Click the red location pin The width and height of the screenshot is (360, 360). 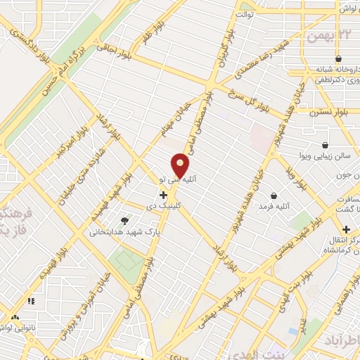[181, 167]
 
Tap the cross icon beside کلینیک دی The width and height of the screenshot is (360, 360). [164, 194]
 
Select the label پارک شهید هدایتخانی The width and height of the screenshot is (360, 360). [120, 230]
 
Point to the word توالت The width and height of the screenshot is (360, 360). [245, 13]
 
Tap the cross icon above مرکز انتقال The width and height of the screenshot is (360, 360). [346, 229]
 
